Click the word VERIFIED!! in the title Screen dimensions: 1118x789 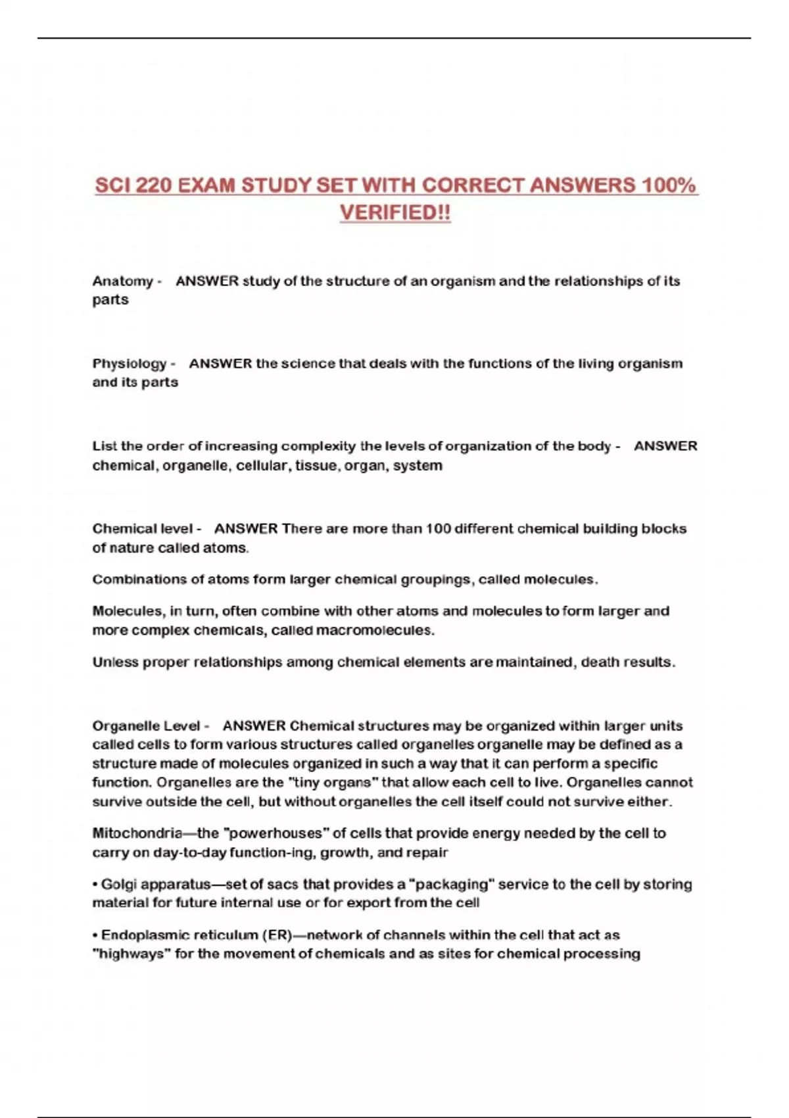click(x=395, y=213)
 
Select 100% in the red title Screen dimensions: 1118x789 click(x=669, y=186)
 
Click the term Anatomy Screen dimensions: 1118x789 click(x=122, y=281)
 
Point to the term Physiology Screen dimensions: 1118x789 click(x=129, y=364)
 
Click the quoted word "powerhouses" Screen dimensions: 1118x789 click(x=276, y=834)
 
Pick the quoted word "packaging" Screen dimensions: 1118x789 click(x=451, y=885)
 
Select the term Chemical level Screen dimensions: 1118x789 click(x=143, y=529)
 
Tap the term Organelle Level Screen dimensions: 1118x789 click(x=146, y=726)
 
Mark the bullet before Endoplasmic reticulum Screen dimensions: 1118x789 click(x=95, y=936)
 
